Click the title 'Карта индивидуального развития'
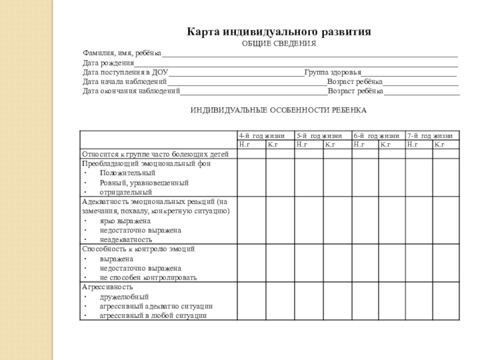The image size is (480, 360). click(278, 31)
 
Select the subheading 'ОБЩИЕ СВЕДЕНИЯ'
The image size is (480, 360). click(278, 44)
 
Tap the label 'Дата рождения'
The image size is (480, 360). click(108, 63)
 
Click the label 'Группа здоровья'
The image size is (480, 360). click(332, 72)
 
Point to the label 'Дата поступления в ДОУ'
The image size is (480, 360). click(125, 72)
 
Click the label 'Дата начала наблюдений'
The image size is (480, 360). click(125, 81)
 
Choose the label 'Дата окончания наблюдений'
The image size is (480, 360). click(131, 91)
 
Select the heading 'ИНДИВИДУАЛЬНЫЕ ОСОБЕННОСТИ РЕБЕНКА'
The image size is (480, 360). click(278, 110)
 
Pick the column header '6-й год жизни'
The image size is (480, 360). click(376, 136)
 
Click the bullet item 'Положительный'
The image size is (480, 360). click(124, 173)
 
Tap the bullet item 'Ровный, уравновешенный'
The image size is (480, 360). click(144, 182)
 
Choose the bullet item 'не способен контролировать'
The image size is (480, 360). click(148, 278)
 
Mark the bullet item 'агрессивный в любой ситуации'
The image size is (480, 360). click(153, 315)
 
